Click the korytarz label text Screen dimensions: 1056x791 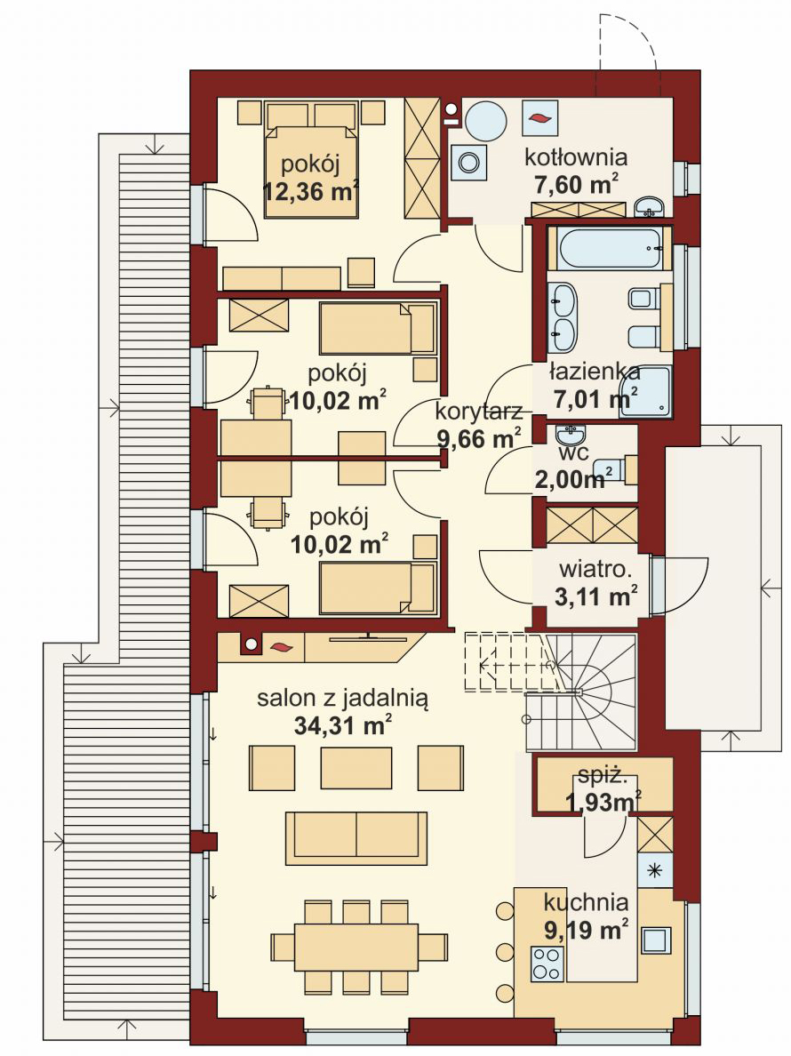(x=477, y=412)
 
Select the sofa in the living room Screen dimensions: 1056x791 (x=356, y=837)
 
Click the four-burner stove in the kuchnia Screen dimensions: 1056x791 (x=547, y=964)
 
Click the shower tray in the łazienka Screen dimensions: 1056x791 (x=646, y=391)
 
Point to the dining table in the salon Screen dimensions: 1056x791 (x=345, y=948)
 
